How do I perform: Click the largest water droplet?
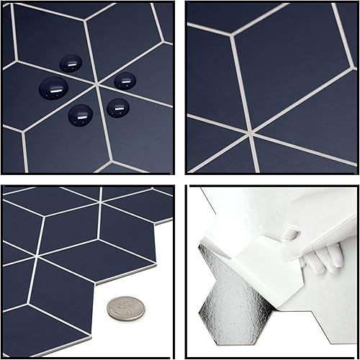click(53, 88)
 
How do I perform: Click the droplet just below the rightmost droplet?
click(117, 107)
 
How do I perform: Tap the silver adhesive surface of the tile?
click(238, 317)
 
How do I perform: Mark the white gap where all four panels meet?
click(179, 179)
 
